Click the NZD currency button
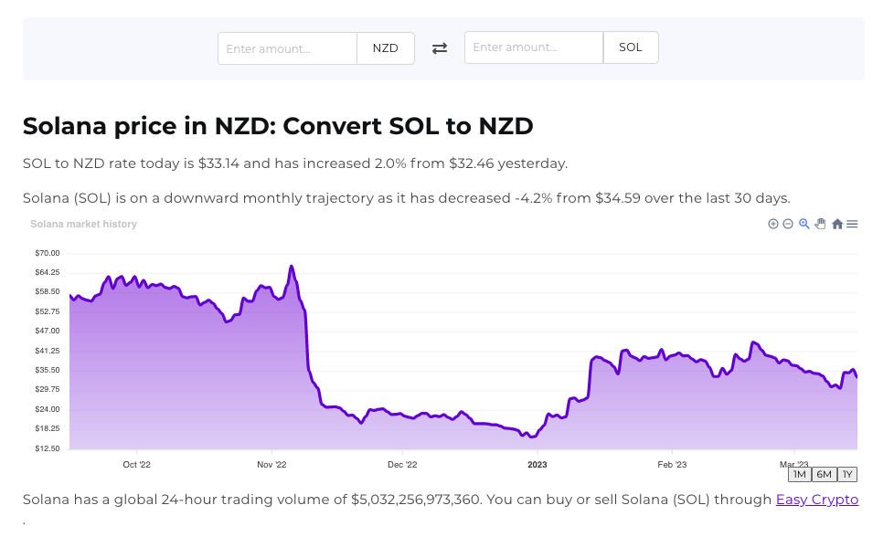(x=386, y=48)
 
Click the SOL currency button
(x=631, y=47)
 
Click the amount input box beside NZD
(x=287, y=48)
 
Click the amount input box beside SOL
(x=534, y=47)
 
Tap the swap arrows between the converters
(x=440, y=48)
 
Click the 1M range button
(x=799, y=474)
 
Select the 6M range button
(x=824, y=474)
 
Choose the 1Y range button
(x=847, y=474)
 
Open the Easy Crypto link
(x=817, y=500)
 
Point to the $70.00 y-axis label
(x=47, y=253)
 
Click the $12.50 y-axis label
(x=47, y=448)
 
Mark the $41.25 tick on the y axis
(x=47, y=351)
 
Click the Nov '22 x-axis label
(x=271, y=464)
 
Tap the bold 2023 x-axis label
(x=537, y=464)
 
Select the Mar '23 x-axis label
(x=793, y=464)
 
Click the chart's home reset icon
(x=837, y=225)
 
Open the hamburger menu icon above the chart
(x=852, y=225)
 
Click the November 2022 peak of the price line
(x=291, y=267)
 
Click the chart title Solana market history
(x=83, y=225)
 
